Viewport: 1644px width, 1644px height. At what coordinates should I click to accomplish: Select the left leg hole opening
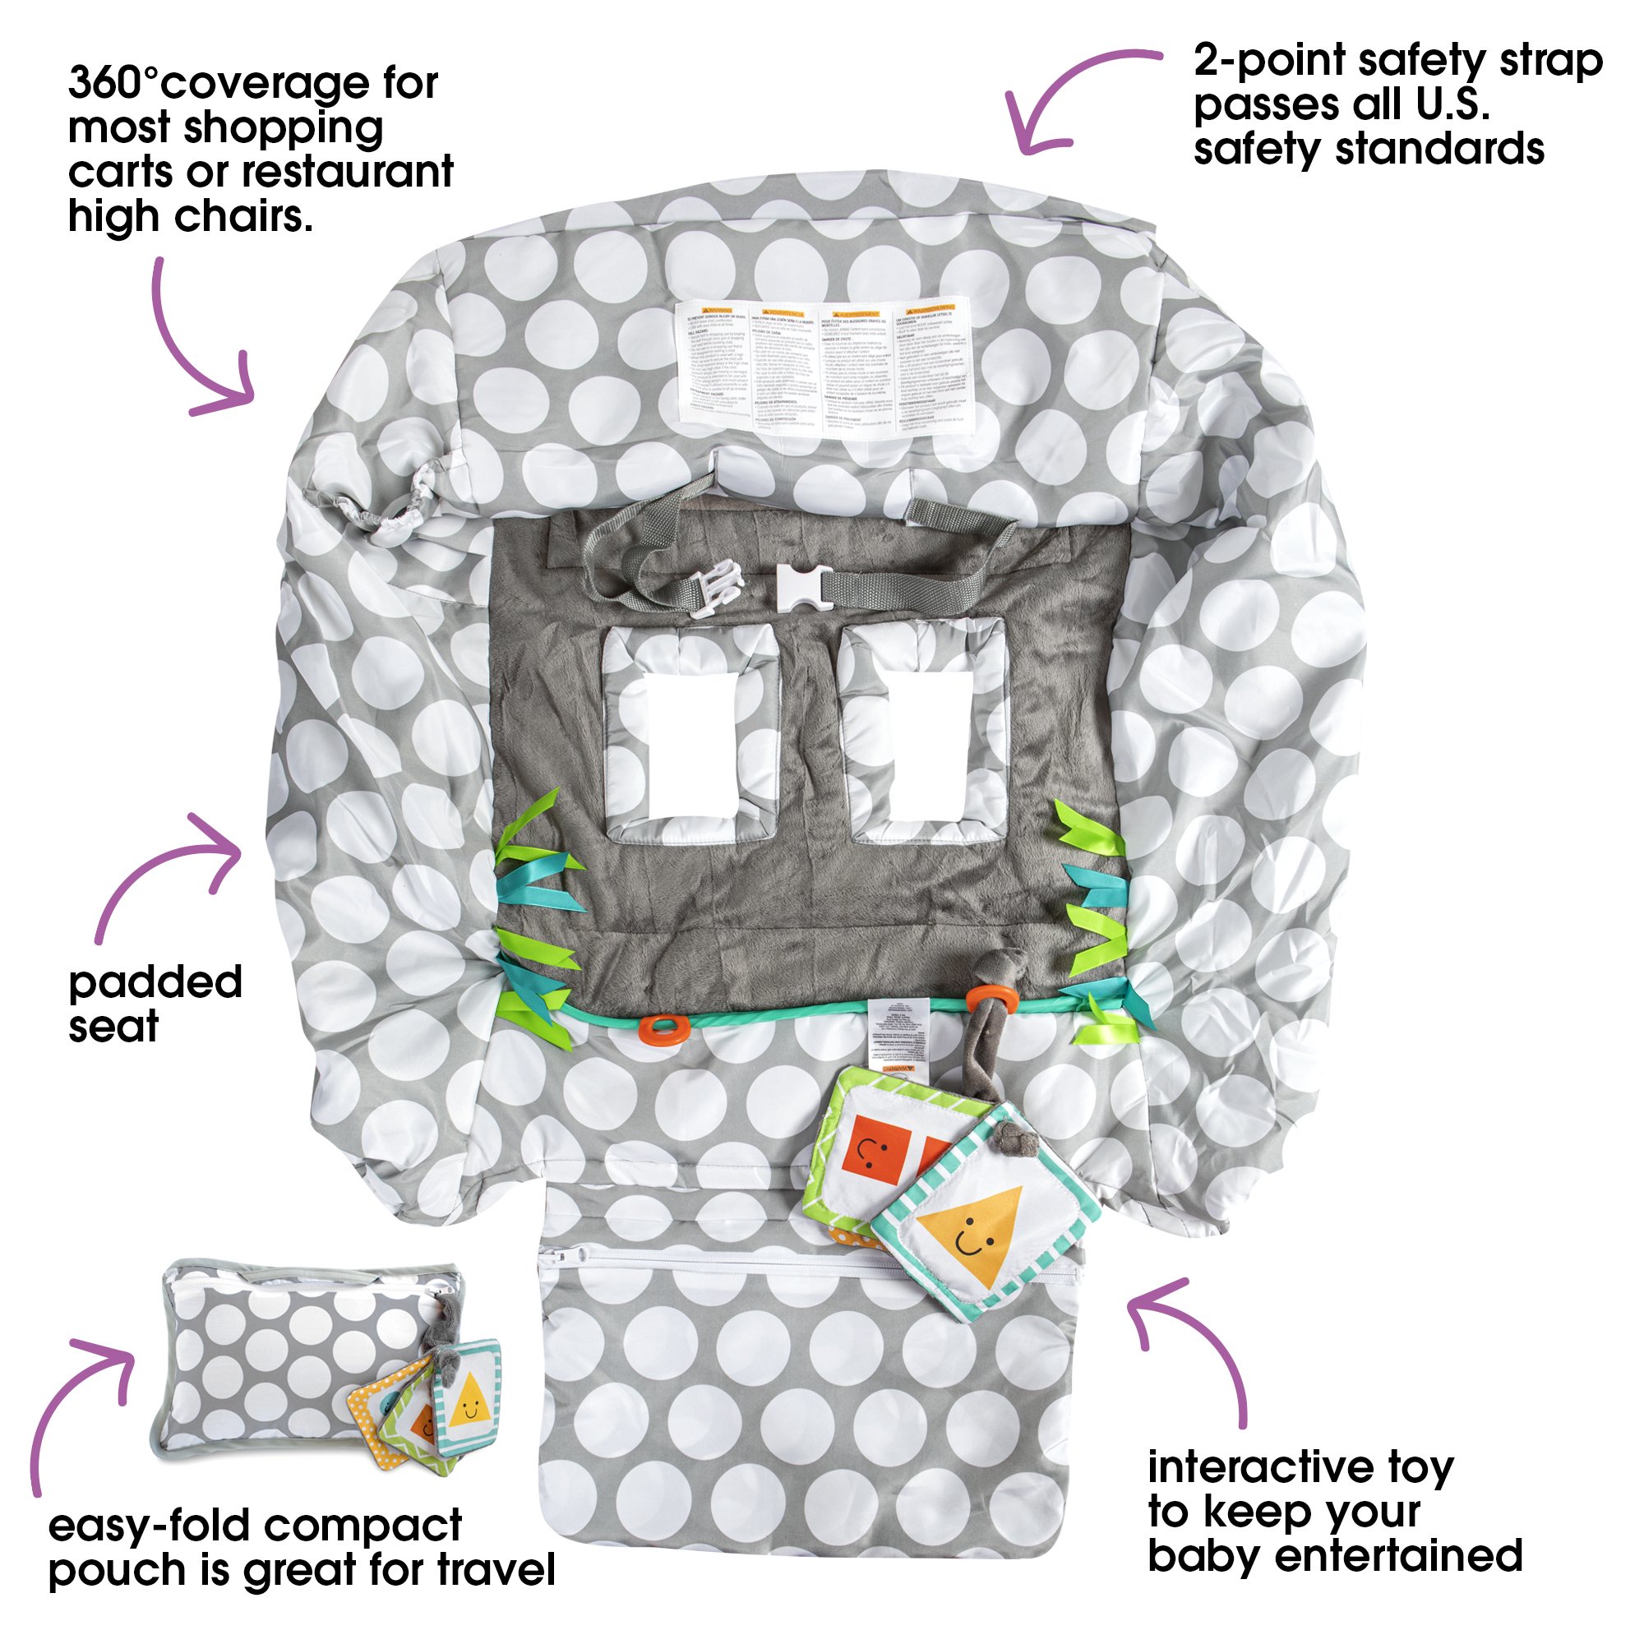coord(687,742)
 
